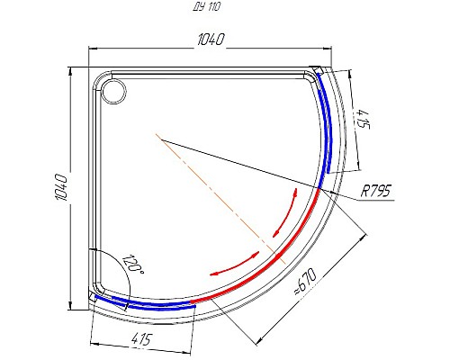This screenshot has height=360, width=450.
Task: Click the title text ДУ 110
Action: click(x=206, y=6)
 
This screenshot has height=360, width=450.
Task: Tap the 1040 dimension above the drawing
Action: click(x=207, y=40)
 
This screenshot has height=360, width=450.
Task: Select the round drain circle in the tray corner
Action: click(x=113, y=90)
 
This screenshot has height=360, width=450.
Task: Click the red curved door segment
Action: click(x=270, y=261)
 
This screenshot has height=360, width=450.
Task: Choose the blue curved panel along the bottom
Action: click(x=153, y=304)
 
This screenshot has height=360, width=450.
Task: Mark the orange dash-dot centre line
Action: click(x=216, y=188)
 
